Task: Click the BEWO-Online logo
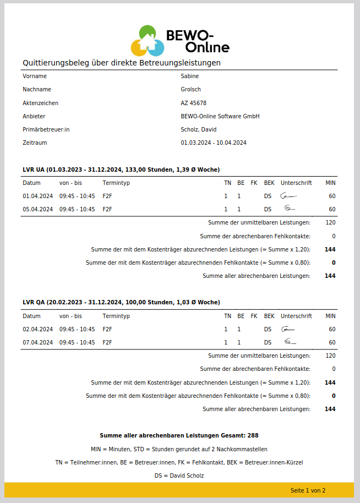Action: [x=179, y=40]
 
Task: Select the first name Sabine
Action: [x=190, y=76]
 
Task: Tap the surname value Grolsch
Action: [x=191, y=90]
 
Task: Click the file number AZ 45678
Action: [x=194, y=103]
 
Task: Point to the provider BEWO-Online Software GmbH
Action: [x=220, y=116]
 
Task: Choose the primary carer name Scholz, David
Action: [x=199, y=129]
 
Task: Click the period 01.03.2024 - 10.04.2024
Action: [x=214, y=143]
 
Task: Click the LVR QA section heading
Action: [x=121, y=303]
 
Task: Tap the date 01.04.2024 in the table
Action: [x=37, y=196]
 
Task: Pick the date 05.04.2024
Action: [x=37, y=209]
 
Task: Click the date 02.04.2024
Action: [x=37, y=329]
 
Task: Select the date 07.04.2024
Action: [x=37, y=342]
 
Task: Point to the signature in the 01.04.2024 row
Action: [x=288, y=195]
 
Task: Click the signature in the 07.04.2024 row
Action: [x=290, y=342]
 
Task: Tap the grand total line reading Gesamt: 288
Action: [x=179, y=435]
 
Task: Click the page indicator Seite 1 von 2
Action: [x=308, y=490]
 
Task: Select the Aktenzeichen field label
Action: [x=40, y=103]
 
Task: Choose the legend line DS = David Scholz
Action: [x=179, y=475]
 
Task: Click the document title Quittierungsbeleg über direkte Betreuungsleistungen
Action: [x=122, y=63]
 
